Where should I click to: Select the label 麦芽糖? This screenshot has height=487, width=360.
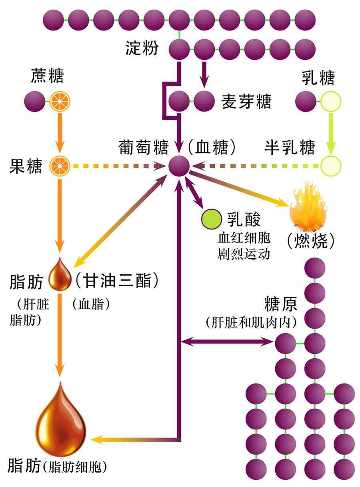pos(246,102)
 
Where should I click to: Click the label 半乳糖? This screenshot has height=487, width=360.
pos(290,148)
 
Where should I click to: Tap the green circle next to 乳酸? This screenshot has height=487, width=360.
pos(212,219)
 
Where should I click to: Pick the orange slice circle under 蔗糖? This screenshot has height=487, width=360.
pos(60,102)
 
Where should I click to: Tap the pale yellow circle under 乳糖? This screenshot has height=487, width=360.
pos(330,102)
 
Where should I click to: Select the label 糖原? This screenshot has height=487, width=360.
pos(281,305)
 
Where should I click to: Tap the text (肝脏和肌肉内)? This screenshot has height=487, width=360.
pos(251,322)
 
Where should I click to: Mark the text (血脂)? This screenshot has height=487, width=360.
pos(92,305)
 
